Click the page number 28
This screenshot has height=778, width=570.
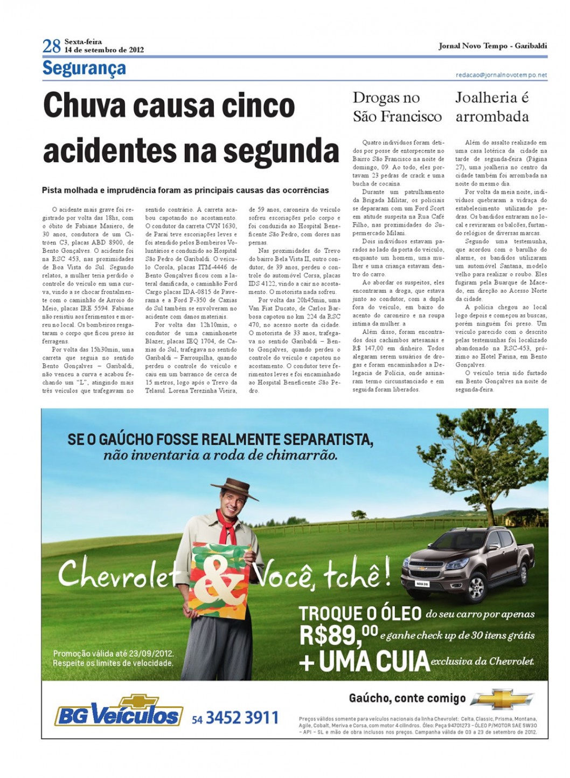tap(51, 46)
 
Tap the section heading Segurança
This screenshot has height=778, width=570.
tap(84, 68)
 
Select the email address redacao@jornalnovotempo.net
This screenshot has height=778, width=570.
tap(501, 75)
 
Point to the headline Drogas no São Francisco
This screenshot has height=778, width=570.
tap(397, 107)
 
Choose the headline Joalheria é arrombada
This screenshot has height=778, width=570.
tap(492, 107)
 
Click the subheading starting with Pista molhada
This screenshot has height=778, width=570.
tap(185, 190)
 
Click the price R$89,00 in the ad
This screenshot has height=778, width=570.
tap(338, 636)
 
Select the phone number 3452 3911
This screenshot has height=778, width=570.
tap(242, 718)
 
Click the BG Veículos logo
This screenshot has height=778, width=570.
tap(119, 711)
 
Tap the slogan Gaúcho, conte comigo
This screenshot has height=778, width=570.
tap(407, 699)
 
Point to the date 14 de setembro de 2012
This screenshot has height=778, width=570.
tap(104, 50)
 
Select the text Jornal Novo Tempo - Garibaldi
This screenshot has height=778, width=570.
tap(492, 46)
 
